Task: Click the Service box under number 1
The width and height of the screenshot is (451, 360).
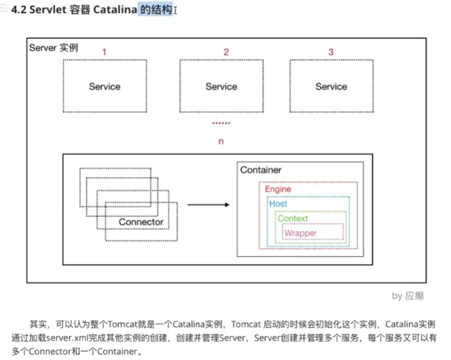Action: tap(104, 86)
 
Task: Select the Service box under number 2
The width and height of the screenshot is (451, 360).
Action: tap(221, 86)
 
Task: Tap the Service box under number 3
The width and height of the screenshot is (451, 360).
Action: tap(331, 86)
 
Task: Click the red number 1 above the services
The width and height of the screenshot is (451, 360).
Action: tap(104, 52)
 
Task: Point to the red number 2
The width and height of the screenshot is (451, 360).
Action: tap(226, 52)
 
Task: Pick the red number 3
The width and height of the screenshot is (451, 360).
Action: tap(331, 52)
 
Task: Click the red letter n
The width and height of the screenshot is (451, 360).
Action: tap(221, 141)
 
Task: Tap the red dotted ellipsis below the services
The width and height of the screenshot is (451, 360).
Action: tap(221, 123)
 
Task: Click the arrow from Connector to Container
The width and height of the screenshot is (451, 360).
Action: tap(208, 205)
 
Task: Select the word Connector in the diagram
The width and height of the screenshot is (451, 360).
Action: tap(141, 222)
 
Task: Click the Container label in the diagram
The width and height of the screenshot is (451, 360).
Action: tap(260, 170)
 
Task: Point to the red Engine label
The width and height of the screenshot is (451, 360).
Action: tap(278, 189)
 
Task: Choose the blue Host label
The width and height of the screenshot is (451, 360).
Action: tap(278, 204)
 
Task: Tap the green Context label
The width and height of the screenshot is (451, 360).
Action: tap(293, 219)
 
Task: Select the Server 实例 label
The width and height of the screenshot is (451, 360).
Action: tap(53, 48)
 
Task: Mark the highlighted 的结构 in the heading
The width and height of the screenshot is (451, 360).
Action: tap(156, 10)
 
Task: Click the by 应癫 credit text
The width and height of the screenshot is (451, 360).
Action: tap(408, 296)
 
